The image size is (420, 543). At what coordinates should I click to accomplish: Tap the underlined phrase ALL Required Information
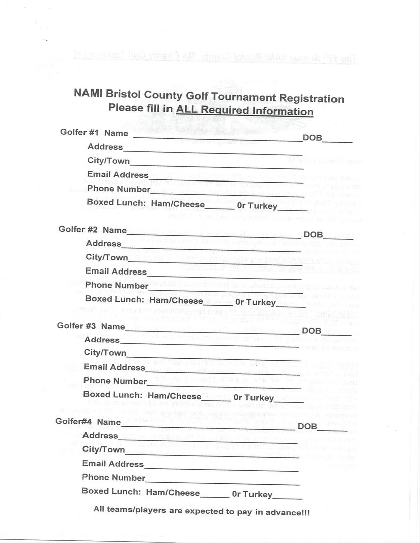pyautogui.click(x=244, y=111)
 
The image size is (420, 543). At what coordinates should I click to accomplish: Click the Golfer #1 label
pyautogui.click(x=79, y=133)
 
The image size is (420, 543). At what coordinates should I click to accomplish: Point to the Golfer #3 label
pyautogui.click(x=76, y=326)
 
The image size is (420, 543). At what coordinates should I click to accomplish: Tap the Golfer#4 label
pyautogui.click(x=74, y=421)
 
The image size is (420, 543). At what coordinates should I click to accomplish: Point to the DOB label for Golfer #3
pyautogui.click(x=311, y=331)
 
